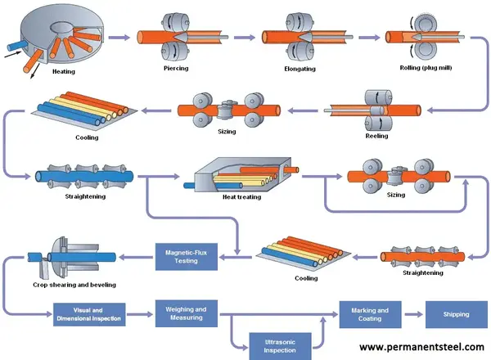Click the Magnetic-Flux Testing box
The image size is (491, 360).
pos(187,257)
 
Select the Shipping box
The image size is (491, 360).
pos(457,314)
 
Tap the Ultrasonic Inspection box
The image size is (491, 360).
pos(280,346)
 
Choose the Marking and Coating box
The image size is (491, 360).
pos(370,314)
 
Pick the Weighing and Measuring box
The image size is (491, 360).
pos(187,313)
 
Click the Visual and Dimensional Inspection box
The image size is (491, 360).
pos(89,314)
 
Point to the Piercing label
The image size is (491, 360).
pos(176,68)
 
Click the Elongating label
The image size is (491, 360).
pos(300,69)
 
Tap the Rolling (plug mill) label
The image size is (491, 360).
pos(426,68)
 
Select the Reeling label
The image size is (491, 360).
pos(376,136)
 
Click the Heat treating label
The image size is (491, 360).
pos(241,197)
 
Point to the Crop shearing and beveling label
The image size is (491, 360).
pos(74,285)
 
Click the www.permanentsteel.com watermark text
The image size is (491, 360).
pos(421,347)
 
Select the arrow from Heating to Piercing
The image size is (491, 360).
pos(119,38)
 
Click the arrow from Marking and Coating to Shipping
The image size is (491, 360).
pos(413,314)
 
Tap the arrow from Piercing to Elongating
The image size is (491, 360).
pos(245,38)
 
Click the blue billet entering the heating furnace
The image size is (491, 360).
pos(16,45)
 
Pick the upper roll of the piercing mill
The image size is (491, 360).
pos(175,23)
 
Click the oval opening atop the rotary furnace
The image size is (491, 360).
pos(63,27)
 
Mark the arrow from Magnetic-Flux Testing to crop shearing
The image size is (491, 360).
pos(136,258)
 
